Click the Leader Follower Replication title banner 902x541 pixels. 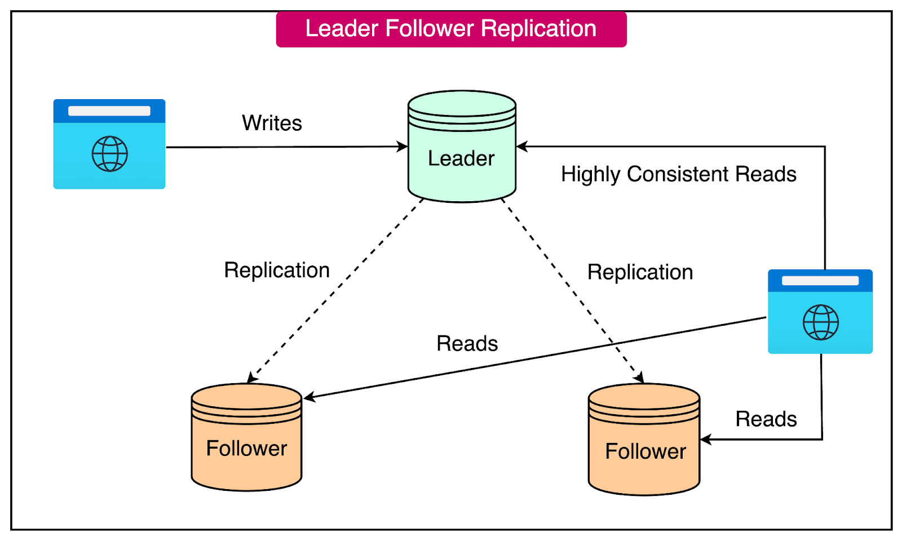[x=451, y=29]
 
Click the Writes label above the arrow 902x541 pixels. [x=272, y=123]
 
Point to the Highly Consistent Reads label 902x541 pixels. [x=678, y=174]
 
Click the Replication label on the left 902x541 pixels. [x=277, y=270]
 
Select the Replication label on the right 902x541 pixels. [x=640, y=272]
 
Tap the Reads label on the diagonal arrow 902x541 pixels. [x=467, y=344]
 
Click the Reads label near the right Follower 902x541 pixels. [x=766, y=419]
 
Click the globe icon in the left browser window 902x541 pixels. [x=109, y=153]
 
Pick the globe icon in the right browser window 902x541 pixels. [x=820, y=322]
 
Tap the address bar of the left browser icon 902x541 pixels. [x=109, y=111]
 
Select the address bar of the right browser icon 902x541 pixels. [x=820, y=281]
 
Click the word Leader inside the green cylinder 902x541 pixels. [x=461, y=158]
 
